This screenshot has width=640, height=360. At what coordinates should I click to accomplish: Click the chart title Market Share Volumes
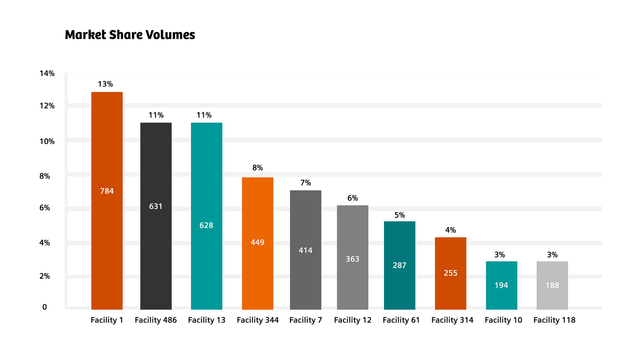coord(130,35)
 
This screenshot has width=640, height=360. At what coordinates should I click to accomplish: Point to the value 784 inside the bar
coord(107,191)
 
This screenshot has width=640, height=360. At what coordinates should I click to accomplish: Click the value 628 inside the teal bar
coord(206,225)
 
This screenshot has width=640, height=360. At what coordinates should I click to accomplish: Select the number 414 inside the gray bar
coord(305,250)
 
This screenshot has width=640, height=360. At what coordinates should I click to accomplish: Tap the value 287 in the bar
coord(400,265)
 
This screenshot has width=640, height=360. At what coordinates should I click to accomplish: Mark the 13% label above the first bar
coord(106,84)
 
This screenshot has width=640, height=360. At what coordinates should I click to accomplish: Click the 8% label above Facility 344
coord(258,168)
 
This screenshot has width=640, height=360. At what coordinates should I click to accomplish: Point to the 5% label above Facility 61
coord(400,215)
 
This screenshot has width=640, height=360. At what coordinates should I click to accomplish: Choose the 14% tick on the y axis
coord(47,74)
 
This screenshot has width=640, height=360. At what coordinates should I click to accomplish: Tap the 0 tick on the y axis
coord(45,307)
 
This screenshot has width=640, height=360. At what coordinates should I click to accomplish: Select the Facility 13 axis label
coord(206,320)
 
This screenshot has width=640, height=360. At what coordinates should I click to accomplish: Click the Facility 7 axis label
coord(305,320)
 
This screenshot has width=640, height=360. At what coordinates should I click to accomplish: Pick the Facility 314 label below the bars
coord(452,320)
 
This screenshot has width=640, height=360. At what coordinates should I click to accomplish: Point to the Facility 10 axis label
coord(503,320)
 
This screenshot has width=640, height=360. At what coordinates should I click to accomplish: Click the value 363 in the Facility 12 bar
coord(352,259)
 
